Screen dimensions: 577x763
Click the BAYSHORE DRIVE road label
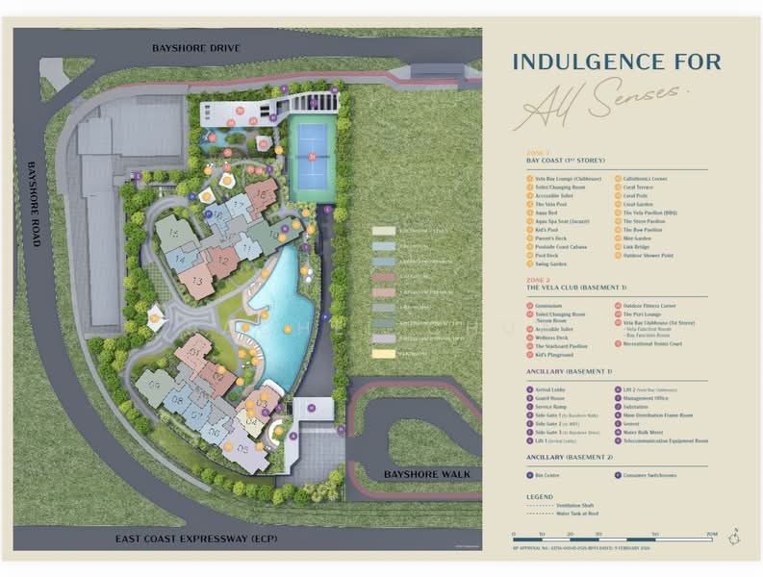click(195, 47)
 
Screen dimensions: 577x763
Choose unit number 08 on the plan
click(176, 396)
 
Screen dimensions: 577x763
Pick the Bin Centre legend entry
click(547, 474)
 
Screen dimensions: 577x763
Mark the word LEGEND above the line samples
click(540, 496)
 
